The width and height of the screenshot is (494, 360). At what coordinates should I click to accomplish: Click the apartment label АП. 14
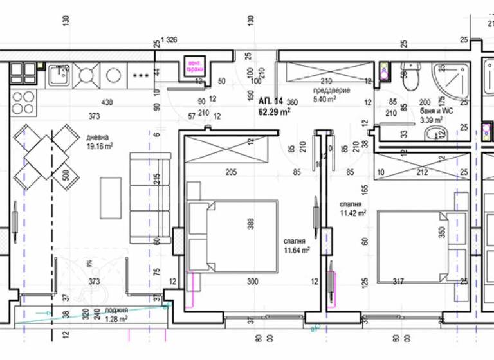coord(271,102)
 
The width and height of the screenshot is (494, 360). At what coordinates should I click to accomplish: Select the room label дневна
coord(98,137)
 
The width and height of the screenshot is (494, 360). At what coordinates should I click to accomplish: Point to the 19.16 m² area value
coord(100,146)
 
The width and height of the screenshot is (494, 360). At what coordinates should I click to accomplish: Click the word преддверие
coord(331,91)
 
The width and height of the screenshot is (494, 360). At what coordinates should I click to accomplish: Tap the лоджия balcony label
coord(116,309)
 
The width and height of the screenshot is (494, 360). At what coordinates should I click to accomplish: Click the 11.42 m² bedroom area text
coord(353,213)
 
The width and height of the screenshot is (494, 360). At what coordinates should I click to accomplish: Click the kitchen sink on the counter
coord(60,76)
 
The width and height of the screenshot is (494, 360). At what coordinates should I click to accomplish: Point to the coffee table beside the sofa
coord(111,196)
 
